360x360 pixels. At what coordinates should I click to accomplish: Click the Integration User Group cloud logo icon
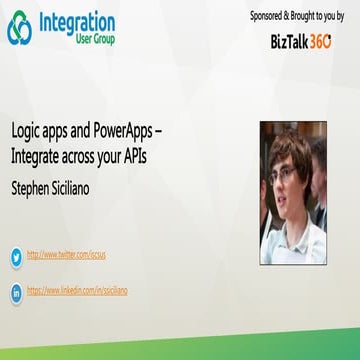pos(20,29)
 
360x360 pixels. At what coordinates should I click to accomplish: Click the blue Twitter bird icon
pos(15,256)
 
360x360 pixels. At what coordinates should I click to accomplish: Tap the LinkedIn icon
pos(15,292)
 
